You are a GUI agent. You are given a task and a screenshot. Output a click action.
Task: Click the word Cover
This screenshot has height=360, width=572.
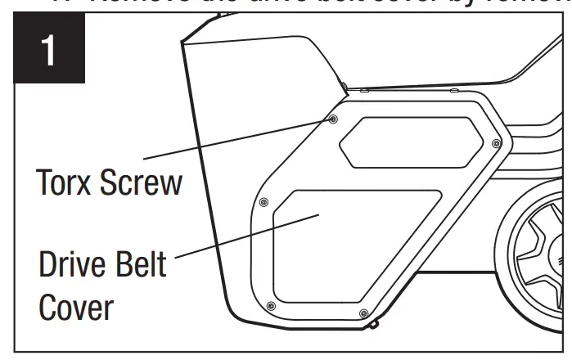coord(74,309)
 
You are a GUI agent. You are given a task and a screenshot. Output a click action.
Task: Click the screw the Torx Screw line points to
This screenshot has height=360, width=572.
coord(333,119)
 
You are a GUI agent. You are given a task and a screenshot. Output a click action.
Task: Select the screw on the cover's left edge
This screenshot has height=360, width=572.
coord(263,201)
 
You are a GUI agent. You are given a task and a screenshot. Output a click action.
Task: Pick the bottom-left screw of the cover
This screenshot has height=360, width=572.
coord(271,305)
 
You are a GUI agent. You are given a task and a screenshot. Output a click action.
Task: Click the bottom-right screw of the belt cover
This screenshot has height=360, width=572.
coord(363,313)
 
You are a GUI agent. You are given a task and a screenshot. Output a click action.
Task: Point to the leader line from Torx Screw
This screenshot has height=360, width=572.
coord(237,139)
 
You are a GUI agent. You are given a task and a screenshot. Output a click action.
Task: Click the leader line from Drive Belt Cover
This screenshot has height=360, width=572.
coord(245,237)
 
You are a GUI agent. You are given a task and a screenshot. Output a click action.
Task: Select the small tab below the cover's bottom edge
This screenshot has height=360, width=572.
coord(374,324)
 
